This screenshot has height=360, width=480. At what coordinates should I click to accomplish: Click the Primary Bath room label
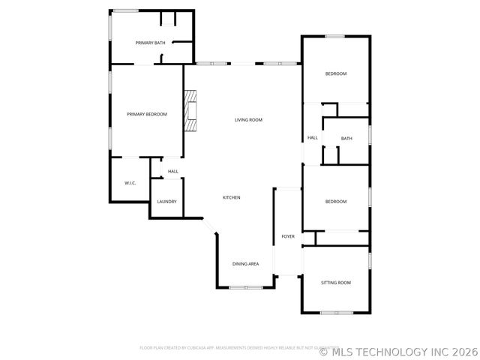coord(150,43)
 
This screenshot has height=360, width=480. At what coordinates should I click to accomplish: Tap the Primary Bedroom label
coord(147,114)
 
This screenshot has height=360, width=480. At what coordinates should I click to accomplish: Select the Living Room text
coord(248,120)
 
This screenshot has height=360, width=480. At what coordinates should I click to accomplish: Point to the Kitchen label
coord(231,197)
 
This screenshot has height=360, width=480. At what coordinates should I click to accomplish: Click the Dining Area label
coord(245,264)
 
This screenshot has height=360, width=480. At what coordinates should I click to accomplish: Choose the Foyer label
coord(288,237)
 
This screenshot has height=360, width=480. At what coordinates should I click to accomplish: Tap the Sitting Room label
coord(335,283)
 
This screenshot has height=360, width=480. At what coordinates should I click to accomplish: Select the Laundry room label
coord(166,202)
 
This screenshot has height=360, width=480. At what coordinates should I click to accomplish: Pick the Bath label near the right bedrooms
coord(346,139)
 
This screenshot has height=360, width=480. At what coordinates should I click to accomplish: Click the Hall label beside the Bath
coord(313,138)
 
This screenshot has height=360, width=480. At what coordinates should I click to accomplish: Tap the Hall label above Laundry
coord(173,172)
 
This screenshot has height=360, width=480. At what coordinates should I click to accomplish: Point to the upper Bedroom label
coord(335,73)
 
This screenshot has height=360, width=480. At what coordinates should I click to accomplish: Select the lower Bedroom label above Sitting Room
coord(335,202)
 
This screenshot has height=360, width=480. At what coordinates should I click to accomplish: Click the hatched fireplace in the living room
coord(191,110)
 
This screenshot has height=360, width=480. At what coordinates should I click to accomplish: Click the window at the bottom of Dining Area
coord(245,287)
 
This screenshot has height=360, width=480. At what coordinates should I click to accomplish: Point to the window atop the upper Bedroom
coord(334,36)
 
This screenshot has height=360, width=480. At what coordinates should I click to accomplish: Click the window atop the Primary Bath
coord(125,10)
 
